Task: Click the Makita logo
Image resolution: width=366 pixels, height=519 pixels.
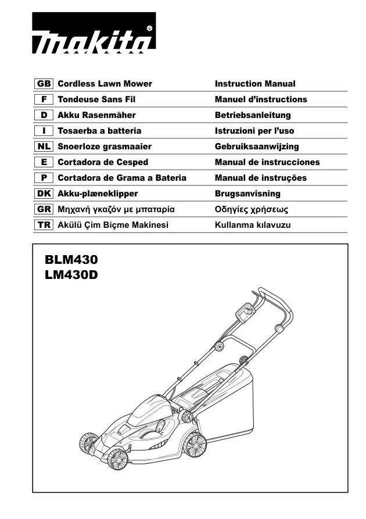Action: (94, 33)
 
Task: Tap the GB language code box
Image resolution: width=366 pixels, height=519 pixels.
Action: (44, 84)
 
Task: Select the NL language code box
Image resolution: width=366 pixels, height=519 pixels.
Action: (44, 146)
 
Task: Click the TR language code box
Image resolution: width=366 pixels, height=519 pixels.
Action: (44, 225)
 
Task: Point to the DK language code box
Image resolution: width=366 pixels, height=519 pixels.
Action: (44, 194)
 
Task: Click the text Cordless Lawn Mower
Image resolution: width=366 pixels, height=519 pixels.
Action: (105, 84)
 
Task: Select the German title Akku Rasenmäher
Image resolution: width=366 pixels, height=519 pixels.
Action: (96, 115)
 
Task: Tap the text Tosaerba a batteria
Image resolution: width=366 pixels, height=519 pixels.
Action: (99, 131)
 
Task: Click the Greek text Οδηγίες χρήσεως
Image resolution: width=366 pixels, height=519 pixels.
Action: (252, 210)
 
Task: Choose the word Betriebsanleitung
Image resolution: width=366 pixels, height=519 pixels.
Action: (253, 115)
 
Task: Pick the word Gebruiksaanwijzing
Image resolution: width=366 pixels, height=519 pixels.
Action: (257, 146)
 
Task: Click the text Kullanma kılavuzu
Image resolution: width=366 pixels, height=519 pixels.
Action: (253, 225)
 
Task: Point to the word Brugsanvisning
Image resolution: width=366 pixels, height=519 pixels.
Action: (247, 194)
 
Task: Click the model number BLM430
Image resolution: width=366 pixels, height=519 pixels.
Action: (71, 259)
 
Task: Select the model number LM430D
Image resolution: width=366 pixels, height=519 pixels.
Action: (71, 275)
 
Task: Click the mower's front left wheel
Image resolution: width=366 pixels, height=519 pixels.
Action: (117, 459)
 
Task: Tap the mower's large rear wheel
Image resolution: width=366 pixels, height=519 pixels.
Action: (196, 445)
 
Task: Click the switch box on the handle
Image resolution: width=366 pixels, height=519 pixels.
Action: (245, 312)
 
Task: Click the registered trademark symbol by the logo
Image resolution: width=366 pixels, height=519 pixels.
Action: (149, 28)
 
